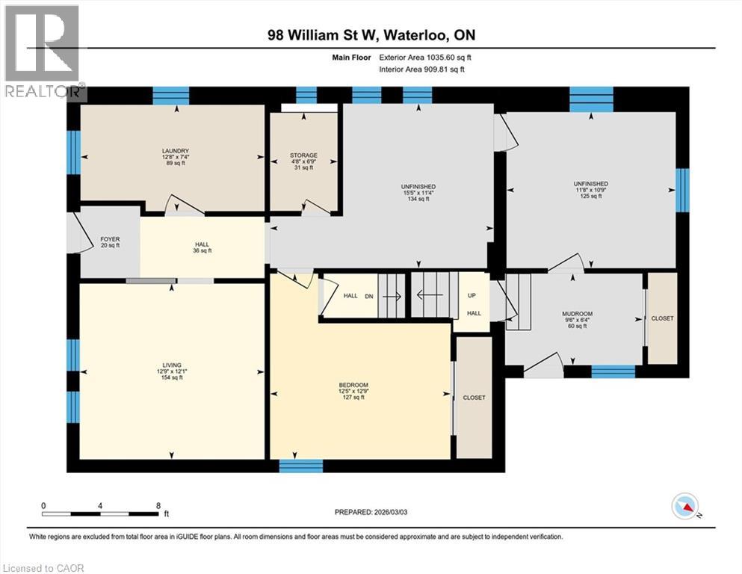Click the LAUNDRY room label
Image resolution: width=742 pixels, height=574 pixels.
(173, 151)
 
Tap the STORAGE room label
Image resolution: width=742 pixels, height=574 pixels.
(303, 155)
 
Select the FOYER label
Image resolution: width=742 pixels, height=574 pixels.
(110, 239)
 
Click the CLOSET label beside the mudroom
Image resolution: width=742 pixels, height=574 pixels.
(662, 318)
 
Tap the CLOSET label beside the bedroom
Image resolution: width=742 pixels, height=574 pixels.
(474, 398)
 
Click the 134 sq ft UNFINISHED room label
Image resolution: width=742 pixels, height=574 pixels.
(418, 186)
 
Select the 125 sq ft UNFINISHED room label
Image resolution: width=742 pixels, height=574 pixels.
(590, 184)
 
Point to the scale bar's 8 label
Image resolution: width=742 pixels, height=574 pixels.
(158, 505)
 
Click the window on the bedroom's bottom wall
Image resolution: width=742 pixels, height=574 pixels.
(301, 466)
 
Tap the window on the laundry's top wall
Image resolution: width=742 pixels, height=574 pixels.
(171, 95)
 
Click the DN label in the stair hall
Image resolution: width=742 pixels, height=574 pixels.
(369, 296)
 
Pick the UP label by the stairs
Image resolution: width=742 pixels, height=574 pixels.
(472, 295)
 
